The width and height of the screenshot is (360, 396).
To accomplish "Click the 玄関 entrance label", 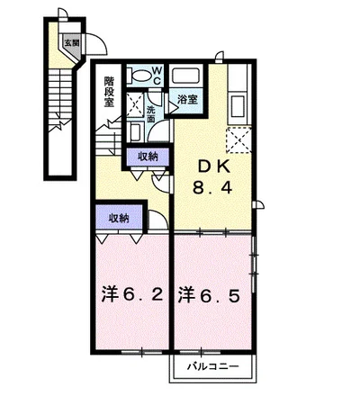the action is tap(72, 43).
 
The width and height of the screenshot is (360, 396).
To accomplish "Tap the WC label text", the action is tap(157, 76).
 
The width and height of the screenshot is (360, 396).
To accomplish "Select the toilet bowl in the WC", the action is tap(140, 75).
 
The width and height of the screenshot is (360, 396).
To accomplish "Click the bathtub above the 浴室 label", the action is tap(185, 76).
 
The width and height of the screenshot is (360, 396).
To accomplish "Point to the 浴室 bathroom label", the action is tap(187, 99).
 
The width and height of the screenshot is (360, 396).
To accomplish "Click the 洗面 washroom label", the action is tap(150, 114).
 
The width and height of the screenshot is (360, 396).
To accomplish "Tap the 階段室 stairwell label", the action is tap(109, 92).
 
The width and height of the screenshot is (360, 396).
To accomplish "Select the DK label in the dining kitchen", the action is tap(213, 166).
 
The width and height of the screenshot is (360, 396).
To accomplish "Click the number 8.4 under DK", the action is tap(212, 188).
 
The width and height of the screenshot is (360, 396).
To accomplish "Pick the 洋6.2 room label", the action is tap(132, 295).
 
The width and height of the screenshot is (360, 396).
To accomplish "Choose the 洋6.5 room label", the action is tap(209, 295).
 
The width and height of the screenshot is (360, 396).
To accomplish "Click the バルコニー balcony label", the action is tap(213, 366).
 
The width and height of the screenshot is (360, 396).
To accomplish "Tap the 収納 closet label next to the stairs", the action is tap(148, 157).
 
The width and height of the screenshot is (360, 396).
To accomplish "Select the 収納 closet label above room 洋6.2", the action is tap(119, 218).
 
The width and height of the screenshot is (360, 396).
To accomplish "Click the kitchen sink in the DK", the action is tap(238, 106).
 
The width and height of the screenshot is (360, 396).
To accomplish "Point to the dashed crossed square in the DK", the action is tap(238, 139).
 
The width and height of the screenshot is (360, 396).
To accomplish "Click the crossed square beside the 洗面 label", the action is tap(135, 105).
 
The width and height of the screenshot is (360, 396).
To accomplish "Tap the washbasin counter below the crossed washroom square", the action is tap(135, 131).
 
